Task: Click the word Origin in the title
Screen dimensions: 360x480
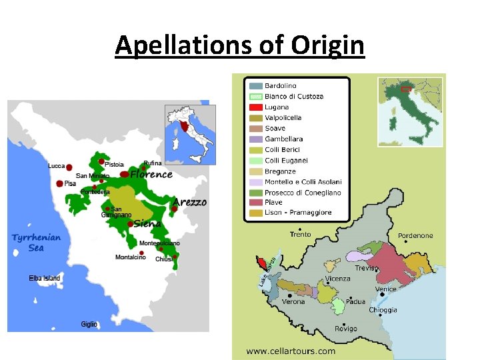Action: (327, 45)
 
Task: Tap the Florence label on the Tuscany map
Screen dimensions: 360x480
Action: (151, 175)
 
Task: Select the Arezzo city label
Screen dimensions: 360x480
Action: (190, 202)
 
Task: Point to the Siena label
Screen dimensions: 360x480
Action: (147, 224)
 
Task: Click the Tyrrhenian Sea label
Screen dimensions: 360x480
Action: (36, 243)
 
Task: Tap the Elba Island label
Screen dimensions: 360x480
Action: (45, 278)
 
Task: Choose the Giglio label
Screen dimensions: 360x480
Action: (89, 324)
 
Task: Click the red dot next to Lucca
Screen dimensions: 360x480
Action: (69, 167)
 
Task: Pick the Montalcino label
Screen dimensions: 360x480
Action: (131, 257)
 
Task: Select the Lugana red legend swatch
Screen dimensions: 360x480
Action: (255, 107)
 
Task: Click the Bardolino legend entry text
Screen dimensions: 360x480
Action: (281, 86)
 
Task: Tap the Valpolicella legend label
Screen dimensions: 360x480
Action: (283, 117)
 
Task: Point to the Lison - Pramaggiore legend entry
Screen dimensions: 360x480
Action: (298, 213)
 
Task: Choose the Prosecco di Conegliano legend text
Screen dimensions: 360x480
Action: (303, 192)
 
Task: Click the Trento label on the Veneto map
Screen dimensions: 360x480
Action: (300, 235)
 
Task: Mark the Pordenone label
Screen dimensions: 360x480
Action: (415, 235)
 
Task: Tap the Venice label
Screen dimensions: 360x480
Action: (385, 289)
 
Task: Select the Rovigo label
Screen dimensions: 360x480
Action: (346, 329)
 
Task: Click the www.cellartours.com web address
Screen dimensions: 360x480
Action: (291, 351)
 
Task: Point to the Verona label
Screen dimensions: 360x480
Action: (293, 301)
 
